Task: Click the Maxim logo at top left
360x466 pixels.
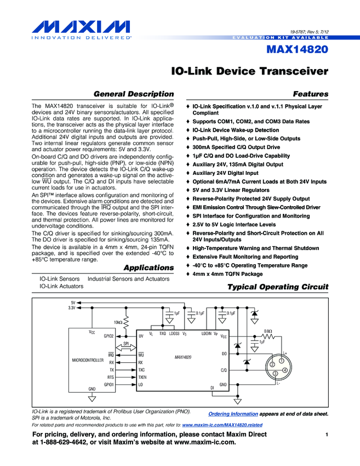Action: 76,27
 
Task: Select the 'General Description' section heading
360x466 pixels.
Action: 134,94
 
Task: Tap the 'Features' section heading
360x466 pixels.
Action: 311,94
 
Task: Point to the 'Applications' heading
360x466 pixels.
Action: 148,268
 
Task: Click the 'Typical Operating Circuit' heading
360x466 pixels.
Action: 277,287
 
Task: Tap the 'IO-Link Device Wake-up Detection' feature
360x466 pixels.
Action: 236,130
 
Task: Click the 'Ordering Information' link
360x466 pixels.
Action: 233,414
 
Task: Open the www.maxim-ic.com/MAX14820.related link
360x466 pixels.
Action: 222,425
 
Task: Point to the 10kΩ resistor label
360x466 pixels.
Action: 118,322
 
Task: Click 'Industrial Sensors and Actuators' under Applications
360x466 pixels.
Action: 129,279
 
